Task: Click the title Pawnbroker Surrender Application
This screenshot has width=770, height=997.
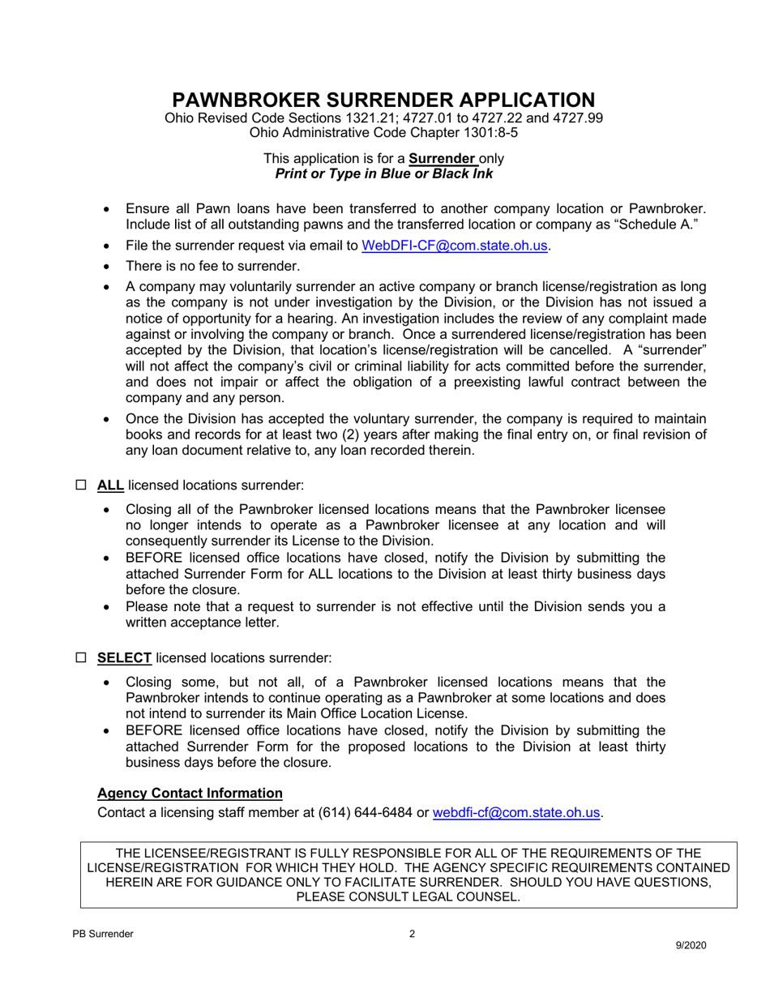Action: (383, 100)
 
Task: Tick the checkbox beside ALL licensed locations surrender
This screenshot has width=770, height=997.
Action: (80, 486)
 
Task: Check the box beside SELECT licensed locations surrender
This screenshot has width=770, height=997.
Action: (80, 657)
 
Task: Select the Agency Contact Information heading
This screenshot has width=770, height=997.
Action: (190, 793)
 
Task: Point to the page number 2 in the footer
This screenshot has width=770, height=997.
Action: (412, 934)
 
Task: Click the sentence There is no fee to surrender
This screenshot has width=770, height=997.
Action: (212, 266)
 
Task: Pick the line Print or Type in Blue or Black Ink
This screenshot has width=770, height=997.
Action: (383, 173)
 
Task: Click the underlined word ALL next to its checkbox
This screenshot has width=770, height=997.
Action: (110, 486)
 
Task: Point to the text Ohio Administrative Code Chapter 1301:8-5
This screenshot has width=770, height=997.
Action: (383, 132)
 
